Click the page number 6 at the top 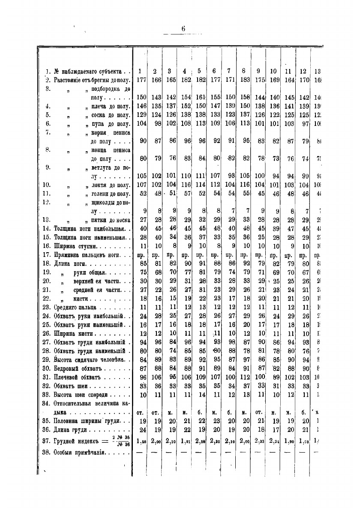pyautogui.click(x=183, y=29)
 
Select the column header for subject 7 pyautogui.click(x=229, y=71)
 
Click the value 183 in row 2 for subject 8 pyautogui.click(x=243, y=80)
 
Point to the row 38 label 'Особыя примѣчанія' pyautogui.click(x=80, y=453)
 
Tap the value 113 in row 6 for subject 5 pyautogui.click(x=199, y=124)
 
